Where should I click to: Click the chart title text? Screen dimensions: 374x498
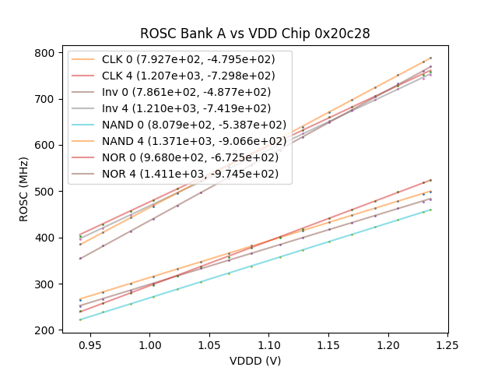(x=255, y=34)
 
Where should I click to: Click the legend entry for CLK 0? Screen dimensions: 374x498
(x=179, y=60)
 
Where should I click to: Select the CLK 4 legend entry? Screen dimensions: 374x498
(x=179, y=76)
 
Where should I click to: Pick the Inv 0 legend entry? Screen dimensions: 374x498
(x=179, y=92)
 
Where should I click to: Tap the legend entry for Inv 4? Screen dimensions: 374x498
(x=179, y=108)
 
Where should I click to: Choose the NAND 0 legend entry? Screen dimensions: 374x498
(x=179, y=125)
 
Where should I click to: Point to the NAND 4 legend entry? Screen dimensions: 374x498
(x=179, y=141)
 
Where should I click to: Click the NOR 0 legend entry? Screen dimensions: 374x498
(x=179, y=157)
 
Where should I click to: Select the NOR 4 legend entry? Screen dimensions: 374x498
(x=179, y=173)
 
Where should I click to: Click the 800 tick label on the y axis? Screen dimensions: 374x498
(x=46, y=53)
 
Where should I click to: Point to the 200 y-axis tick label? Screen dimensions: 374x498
(x=46, y=330)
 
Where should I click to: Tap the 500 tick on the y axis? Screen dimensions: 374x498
(x=46, y=192)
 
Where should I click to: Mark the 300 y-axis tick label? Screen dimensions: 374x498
(x=46, y=284)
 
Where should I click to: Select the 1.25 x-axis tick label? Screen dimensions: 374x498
(x=447, y=344)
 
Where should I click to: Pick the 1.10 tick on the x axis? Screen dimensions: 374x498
(x=268, y=344)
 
